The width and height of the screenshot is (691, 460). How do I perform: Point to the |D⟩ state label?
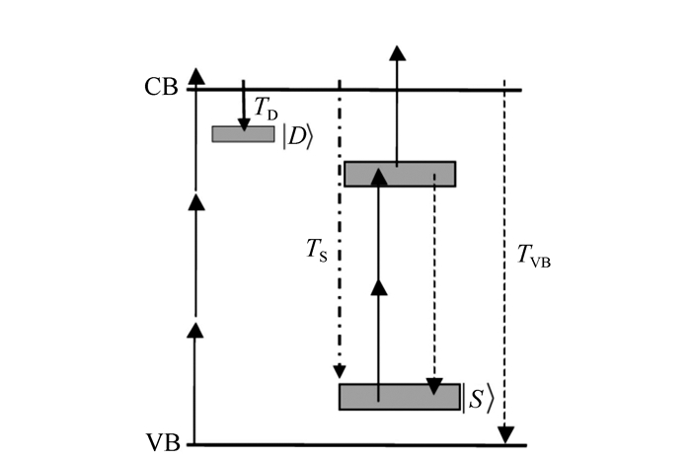(298, 137)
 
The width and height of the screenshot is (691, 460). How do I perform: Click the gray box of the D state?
(243, 134)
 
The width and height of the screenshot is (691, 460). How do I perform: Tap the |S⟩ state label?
(478, 401)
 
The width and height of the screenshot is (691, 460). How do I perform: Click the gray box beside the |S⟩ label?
(399, 397)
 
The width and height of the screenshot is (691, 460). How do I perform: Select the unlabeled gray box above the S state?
(399, 174)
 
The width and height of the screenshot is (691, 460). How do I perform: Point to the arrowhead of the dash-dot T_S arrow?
(339, 373)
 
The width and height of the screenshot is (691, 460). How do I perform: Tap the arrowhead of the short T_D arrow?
(243, 122)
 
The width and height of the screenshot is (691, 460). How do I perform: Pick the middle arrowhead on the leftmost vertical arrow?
(196, 201)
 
